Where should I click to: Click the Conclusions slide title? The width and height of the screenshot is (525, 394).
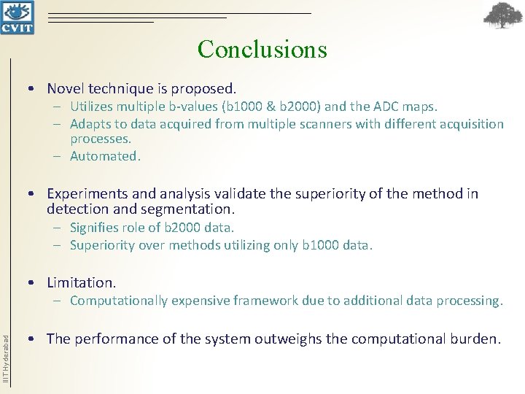[262, 49]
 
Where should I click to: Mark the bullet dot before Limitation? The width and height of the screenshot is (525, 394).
[32, 282]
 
